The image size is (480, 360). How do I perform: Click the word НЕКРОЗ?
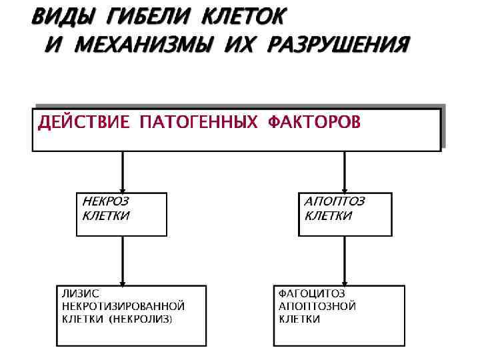[105, 201]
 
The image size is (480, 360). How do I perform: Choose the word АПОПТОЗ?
[335, 201]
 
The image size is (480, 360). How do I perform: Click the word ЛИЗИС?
[81, 293]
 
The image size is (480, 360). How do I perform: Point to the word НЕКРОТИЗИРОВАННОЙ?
[123, 306]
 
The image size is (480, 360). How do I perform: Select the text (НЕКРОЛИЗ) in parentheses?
[141, 319]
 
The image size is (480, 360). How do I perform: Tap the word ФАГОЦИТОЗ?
[312, 293]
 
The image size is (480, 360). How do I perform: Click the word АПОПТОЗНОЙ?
[317, 306]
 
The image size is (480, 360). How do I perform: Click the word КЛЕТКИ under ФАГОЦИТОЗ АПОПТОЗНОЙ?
[299, 319]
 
